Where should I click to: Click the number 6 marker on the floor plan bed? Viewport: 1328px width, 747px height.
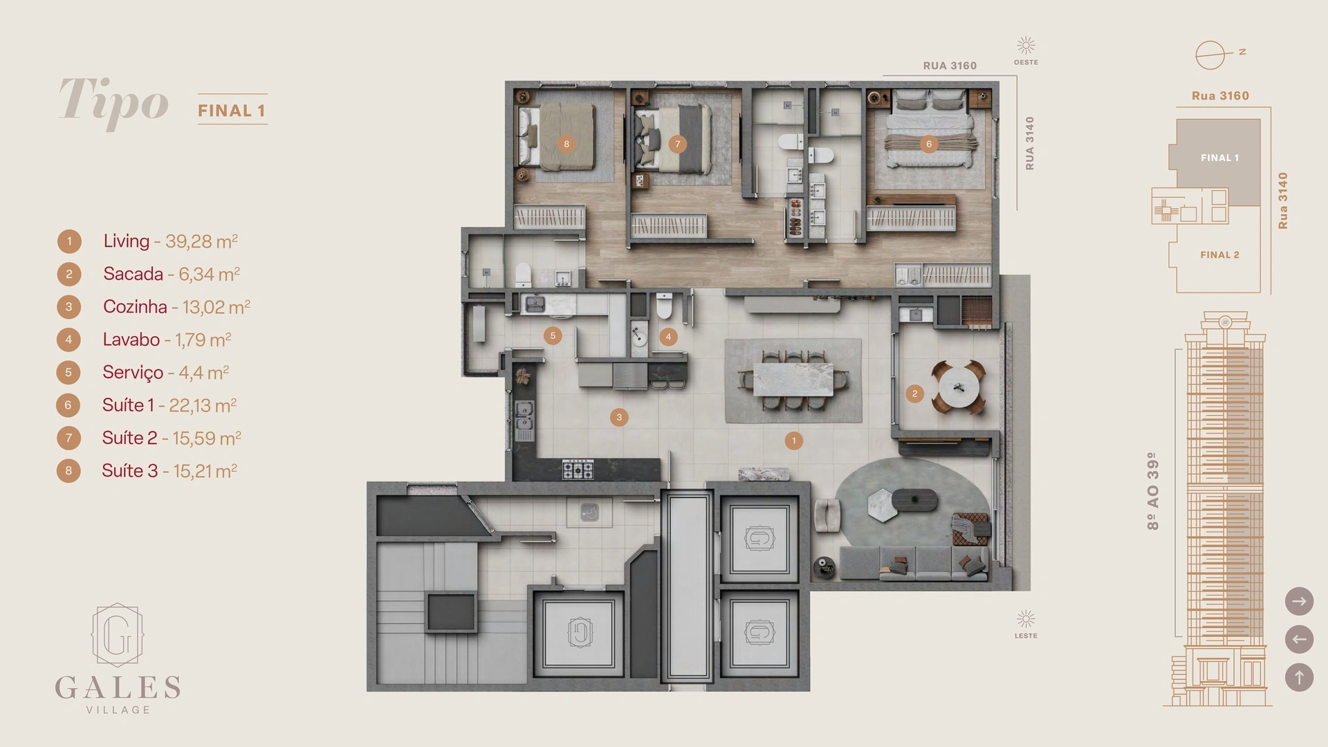point(928,144)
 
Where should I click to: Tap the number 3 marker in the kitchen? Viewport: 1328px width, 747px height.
point(619,417)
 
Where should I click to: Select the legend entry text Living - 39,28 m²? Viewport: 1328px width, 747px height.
point(170,241)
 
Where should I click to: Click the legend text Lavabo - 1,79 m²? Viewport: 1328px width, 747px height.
point(167,340)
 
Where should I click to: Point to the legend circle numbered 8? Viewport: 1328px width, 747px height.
point(68,471)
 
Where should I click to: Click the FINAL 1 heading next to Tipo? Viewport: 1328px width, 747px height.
point(232,111)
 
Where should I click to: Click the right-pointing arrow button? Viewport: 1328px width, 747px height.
point(1299,601)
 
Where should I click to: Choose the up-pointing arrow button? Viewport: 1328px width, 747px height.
point(1299,677)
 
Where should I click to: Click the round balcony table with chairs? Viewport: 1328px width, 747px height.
point(958,387)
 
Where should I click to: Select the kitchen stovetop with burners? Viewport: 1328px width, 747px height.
point(578,470)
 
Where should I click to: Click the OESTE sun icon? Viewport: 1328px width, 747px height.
point(1026,46)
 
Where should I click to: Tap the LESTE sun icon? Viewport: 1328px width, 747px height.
point(1026,618)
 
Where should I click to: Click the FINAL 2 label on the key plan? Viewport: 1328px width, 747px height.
point(1219,255)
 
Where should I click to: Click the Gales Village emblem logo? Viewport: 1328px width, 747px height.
point(118,635)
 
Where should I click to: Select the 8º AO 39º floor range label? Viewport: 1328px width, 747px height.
point(1152,491)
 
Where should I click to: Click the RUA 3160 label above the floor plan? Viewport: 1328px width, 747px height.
point(950,66)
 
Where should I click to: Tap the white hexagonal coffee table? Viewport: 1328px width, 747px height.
point(881,505)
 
